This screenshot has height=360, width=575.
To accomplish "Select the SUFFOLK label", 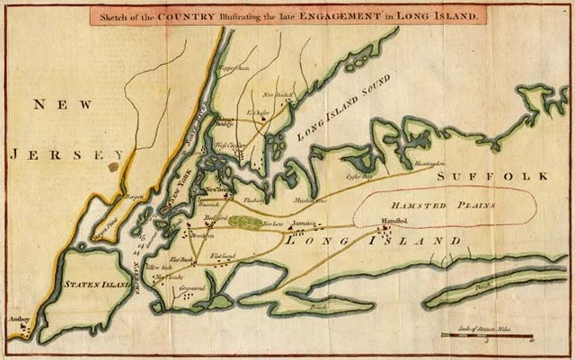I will pyautogui.click(x=504, y=177).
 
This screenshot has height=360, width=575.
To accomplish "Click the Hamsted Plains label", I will pyautogui.click(x=445, y=205).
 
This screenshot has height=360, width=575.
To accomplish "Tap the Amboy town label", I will pyautogui.click(x=21, y=320).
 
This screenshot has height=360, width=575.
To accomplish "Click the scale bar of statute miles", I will pyautogui.click(x=486, y=336).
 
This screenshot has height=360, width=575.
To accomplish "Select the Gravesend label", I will pyautogui.click(x=191, y=288).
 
